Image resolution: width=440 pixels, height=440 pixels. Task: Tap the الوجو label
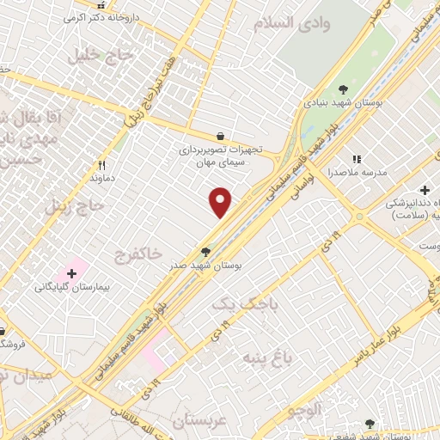click(x=321, y=412)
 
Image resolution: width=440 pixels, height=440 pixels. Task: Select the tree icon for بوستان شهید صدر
click(x=205, y=252)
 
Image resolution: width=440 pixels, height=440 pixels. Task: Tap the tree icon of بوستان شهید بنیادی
click(x=344, y=89)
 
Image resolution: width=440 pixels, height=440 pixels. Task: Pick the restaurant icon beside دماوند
click(x=102, y=165)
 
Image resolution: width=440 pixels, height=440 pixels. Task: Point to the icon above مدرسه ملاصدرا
click(x=357, y=159)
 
